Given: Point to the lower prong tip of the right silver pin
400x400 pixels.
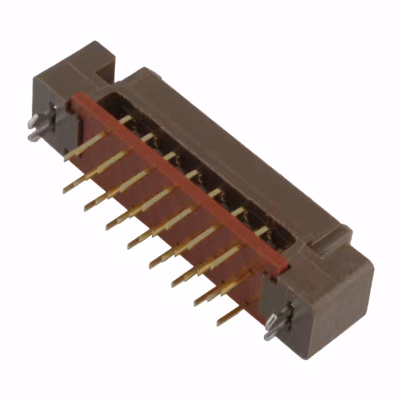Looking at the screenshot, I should tap(267, 336).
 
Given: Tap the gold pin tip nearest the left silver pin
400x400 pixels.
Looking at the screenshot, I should tap(67, 158).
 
